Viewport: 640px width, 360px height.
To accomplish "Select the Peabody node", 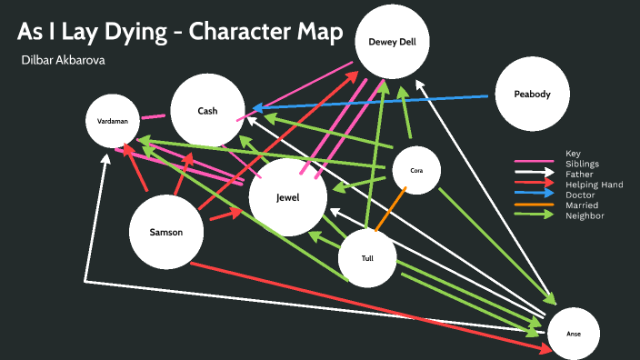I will point(532,95).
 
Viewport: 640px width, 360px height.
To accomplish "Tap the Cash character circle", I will point(207,111).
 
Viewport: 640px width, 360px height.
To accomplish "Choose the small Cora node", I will point(416,170).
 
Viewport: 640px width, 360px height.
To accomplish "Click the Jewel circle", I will point(287,197).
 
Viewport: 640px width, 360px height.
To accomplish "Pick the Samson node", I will point(166,232).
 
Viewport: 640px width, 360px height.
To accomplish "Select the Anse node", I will point(573,334).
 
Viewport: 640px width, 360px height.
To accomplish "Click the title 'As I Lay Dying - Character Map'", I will point(180,33).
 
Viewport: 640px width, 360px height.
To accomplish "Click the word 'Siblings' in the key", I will point(582,164).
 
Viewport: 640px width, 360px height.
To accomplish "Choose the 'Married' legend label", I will point(581,205).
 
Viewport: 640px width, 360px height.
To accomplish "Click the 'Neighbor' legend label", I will point(584,215).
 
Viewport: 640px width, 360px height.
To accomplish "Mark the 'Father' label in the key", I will point(579,174).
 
